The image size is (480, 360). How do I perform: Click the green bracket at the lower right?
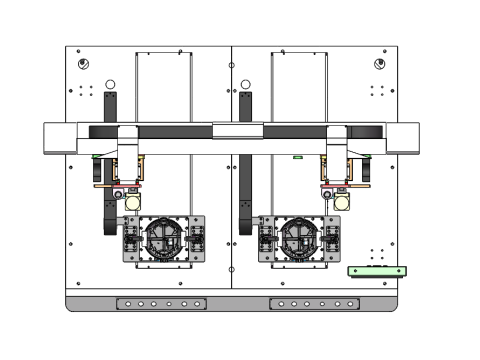[x=377, y=271]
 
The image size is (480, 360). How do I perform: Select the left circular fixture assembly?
[x=163, y=239]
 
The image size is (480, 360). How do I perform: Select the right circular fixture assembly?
[x=299, y=239]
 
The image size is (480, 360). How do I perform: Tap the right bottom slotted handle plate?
[x=312, y=304]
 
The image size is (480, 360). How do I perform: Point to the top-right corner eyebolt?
[x=379, y=64]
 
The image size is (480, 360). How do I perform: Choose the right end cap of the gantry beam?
[x=402, y=137]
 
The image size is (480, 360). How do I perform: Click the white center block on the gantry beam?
[x=237, y=130]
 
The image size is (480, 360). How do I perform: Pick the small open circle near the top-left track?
[x=111, y=84]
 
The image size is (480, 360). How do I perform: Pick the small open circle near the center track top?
[x=246, y=84]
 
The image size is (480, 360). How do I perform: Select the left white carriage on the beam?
[x=128, y=141]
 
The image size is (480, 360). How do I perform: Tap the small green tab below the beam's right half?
[x=297, y=157]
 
